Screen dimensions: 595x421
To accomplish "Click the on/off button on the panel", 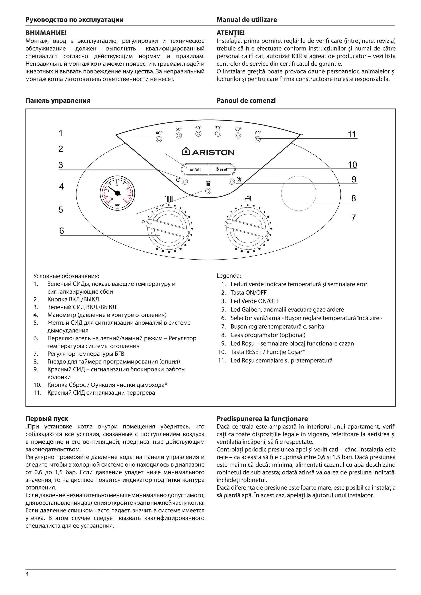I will [x=195, y=169].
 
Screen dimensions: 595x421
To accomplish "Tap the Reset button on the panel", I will [x=222, y=169].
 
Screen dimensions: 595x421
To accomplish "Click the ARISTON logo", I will [x=208, y=152].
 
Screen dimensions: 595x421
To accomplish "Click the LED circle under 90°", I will [x=258, y=139].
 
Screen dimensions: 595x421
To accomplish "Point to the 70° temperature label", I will [x=218, y=128].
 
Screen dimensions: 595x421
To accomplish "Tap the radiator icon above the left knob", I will [x=169, y=199].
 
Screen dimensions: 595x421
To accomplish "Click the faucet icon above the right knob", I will [x=248, y=199].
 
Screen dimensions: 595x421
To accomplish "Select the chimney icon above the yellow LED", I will [x=208, y=184].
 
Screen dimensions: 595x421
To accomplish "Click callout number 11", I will [x=352, y=134].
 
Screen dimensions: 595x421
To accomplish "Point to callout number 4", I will [x=61, y=187].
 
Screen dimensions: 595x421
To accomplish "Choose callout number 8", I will [x=354, y=199].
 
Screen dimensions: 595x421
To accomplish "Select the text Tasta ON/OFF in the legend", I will [x=248, y=293].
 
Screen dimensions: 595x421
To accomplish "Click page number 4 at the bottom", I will [x=27, y=581].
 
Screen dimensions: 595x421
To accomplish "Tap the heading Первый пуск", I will [x=47, y=418].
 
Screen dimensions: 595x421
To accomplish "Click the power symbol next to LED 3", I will [x=178, y=180].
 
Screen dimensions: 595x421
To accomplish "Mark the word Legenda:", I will [x=229, y=276].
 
